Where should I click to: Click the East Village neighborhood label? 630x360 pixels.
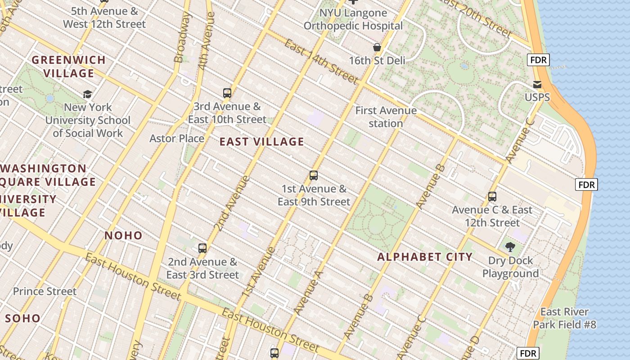(261, 142)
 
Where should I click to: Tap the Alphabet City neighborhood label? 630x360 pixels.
(425, 257)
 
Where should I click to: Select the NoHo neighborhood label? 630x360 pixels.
(123, 235)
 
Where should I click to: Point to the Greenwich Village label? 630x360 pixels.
(69, 66)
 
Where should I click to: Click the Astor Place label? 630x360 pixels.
(177, 138)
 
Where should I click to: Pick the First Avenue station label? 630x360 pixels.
(386, 117)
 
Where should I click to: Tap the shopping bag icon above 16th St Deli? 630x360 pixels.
(377, 47)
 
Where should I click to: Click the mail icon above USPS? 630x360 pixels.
(537, 85)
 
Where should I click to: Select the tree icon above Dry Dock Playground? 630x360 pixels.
(510, 247)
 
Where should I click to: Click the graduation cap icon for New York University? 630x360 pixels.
(87, 94)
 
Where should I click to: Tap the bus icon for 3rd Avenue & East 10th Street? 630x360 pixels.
(227, 93)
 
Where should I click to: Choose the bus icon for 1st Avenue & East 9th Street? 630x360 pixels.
(314, 175)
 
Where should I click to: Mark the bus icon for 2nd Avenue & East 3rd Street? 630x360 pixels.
(202, 248)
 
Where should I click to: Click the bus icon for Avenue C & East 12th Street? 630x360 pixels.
(492, 197)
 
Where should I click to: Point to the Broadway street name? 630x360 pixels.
(182, 38)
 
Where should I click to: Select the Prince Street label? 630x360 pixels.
(45, 291)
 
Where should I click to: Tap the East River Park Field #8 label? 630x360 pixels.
(564, 318)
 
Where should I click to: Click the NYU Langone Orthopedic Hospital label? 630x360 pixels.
(353, 19)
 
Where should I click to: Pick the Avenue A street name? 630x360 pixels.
(309, 292)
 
